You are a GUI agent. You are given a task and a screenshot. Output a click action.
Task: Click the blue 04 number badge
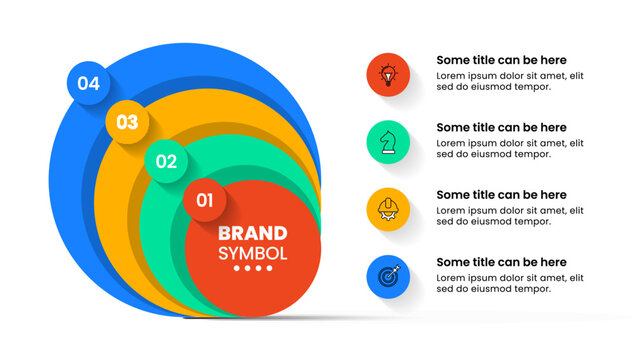pyautogui.click(x=88, y=84)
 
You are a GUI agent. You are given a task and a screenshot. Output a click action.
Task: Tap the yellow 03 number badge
pyautogui.click(x=127, y=123)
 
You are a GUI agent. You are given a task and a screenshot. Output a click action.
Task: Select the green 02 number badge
pyautogui.click(x=166, y=161)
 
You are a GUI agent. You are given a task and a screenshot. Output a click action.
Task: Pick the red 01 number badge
pyautogui.click(x=205, y=200)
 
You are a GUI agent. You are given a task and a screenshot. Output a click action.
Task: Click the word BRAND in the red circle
pyautogui.click(x=252, y=234)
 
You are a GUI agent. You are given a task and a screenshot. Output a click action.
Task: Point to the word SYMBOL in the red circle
pyautogui.click(x=252, y=253)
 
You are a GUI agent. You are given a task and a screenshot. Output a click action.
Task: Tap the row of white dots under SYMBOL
pyautogui.click(x=252, y=269)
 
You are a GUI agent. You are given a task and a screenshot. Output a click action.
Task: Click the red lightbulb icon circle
pyautogui.click(x=388, y=74)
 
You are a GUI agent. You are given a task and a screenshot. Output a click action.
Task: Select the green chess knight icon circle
pyautogui.click(x=388, y=142)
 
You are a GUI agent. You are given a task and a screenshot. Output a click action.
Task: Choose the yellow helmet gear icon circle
pyautogui.click(x=388, y=209)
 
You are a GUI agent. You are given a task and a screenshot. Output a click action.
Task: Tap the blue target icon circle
pyautogui.click(x=388, y=276)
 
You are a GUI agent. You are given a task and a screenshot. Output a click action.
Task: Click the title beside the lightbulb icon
pyautogui.click(x=501, y=60)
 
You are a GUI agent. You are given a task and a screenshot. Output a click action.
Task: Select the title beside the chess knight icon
pyautogui.click(x=501, y=128)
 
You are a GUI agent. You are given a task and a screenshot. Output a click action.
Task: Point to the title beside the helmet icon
pyautogui.click(x=501, y=195)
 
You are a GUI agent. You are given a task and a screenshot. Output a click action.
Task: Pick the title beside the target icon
pyautogui.click(x=501, y=262)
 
